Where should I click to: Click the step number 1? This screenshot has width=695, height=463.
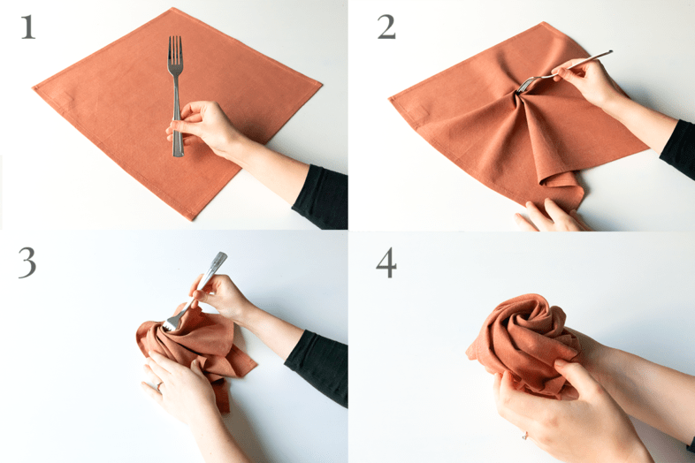click(28, 27)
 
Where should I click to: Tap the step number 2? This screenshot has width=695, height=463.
click(386, 27)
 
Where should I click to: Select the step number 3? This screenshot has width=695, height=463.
click(27, 262)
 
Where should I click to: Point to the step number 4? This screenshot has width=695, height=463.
click(386, 262)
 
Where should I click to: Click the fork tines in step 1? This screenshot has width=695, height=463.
click(175, 49)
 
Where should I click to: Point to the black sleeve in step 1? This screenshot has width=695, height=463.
click(321, 196)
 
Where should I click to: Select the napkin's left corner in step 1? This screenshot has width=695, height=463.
click(34, 88)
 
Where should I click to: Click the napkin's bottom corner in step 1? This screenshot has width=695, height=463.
click(192, 217)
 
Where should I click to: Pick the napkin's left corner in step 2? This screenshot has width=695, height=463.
click(391, 99)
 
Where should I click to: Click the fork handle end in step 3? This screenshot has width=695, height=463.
click(219, 258)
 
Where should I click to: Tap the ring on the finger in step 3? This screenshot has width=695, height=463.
click(158, 386)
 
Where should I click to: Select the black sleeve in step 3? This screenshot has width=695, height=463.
click(317, 366)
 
